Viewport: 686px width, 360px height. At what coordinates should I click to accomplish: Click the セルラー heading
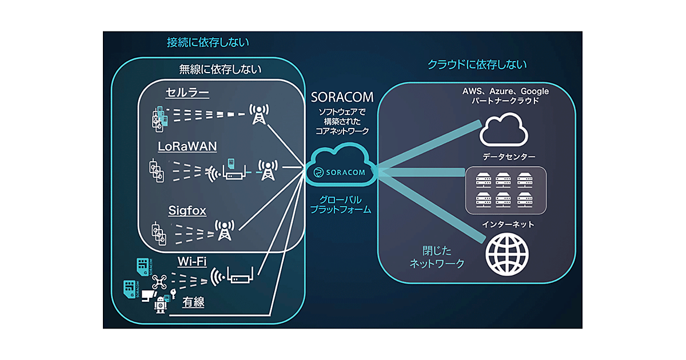point(187,93)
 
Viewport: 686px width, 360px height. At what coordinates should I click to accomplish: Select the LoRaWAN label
point(188,146)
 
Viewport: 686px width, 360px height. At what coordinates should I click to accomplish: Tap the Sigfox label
point(188,210)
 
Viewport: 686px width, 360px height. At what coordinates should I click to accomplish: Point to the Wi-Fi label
point(192,261)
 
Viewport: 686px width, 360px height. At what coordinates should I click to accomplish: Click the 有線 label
point(193,302)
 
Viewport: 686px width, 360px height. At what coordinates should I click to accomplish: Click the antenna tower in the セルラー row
point(259,114)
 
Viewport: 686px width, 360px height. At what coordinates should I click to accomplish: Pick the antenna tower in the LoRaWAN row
point(268,170)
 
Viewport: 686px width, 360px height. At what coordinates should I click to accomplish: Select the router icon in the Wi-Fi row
point(239,277)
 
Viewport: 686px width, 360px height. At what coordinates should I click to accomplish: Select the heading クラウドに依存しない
point(477,65)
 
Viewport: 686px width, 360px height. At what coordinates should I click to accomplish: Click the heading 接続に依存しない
point(208,43)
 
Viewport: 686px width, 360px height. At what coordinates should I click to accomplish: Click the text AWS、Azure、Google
point(505,91)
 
